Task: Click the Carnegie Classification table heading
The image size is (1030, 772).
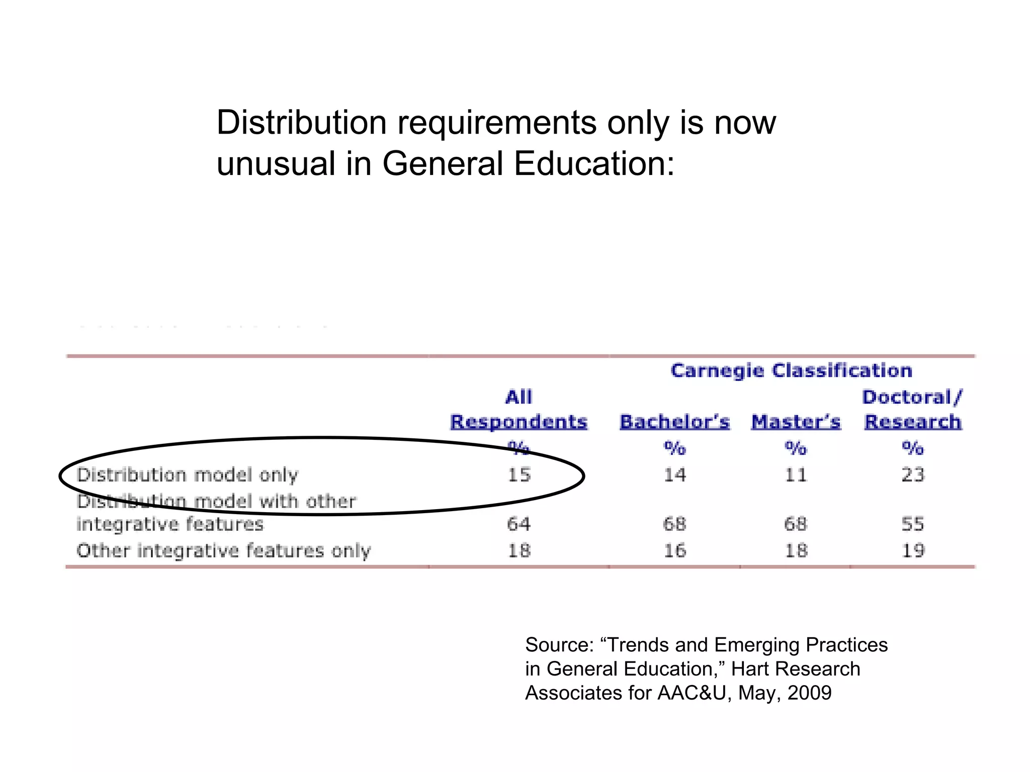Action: pos(791,371)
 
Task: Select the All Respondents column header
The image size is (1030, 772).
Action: pos(519,410)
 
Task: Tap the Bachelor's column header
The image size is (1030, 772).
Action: pos(674,422)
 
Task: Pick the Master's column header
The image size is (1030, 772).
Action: pos(796,422)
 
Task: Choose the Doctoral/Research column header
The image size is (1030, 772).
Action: pos(912,410)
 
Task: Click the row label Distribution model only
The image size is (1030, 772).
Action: pos(187,475)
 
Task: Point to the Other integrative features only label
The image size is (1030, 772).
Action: pos(223,551)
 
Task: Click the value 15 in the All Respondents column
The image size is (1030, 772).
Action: pos(519,475)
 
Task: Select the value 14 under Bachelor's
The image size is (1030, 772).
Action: pos(674,475)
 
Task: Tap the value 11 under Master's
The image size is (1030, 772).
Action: pos(796,475)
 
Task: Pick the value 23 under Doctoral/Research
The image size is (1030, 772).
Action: pos(912,475)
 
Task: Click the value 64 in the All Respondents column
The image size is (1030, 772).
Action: pos(519,524)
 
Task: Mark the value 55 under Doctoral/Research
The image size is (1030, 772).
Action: pos(912,524)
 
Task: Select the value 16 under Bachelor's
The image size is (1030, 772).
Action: pos(674,551)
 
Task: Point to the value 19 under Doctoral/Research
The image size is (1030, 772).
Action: pos(912,551)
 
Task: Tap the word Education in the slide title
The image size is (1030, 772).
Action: pos(593,164)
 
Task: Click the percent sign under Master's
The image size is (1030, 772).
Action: pos(796,447)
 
